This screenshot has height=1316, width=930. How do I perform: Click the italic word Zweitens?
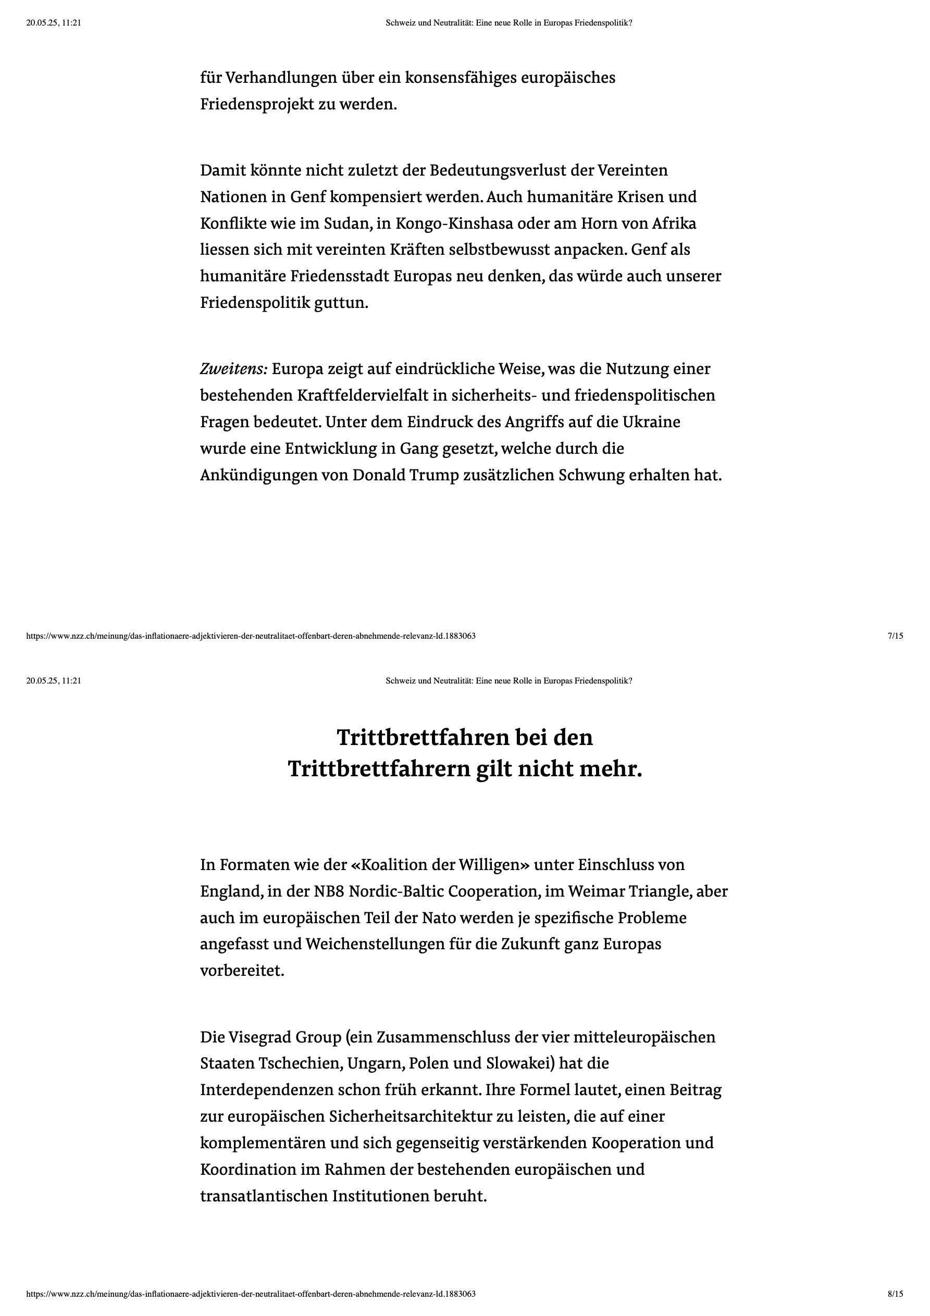233,368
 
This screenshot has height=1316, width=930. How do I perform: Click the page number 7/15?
895,636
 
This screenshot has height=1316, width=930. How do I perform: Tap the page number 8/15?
895,1294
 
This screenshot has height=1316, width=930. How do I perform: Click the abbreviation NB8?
329,891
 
